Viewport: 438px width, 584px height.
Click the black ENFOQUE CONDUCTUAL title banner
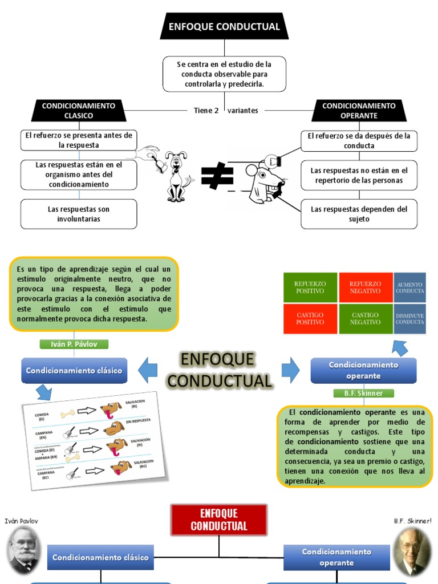coord(224,27)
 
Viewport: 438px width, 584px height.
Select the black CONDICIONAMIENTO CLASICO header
coord(79,111)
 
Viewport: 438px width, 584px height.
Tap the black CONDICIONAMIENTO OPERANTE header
coord(359,111)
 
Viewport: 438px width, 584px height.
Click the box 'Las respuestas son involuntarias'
coord(79,214)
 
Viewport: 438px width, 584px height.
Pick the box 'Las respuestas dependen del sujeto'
coord(359,214)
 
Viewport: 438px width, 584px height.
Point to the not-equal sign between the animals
coord(217,175)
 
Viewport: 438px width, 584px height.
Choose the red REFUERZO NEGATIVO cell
coord(366,287)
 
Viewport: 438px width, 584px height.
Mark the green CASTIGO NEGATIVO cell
coord(366,318)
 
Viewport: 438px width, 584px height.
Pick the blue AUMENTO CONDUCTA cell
coord(410,287)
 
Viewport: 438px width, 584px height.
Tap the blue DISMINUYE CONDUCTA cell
coord(410,318)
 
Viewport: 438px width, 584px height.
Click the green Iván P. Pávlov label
coord(74,344)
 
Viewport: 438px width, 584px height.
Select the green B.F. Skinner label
coord(363,393)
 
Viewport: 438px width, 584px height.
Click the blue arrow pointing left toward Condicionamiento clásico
coord(148,370)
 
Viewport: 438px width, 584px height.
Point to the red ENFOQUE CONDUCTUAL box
coord(219,520)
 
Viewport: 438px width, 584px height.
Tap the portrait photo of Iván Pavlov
coord(23,549)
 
